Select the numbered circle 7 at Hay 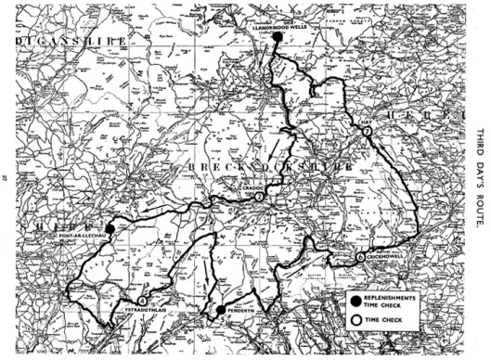(x=368, y=134)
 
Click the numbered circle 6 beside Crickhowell (x=360, y=257)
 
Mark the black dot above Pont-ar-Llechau (x=110, y=228)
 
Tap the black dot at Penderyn (x=220, y=310)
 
